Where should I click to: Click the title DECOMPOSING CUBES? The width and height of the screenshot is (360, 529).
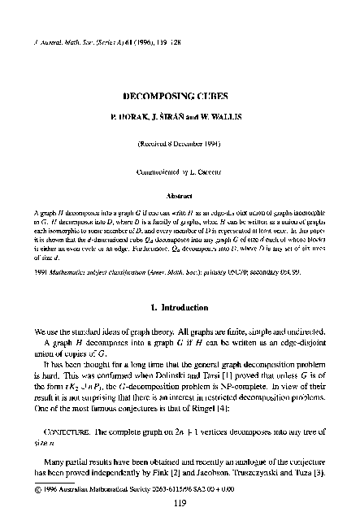(180, 95)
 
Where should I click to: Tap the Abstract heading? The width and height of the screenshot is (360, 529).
(180, 195)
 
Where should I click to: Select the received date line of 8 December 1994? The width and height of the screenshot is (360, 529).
(180, 149)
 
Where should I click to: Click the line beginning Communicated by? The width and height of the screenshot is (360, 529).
(180, 172)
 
